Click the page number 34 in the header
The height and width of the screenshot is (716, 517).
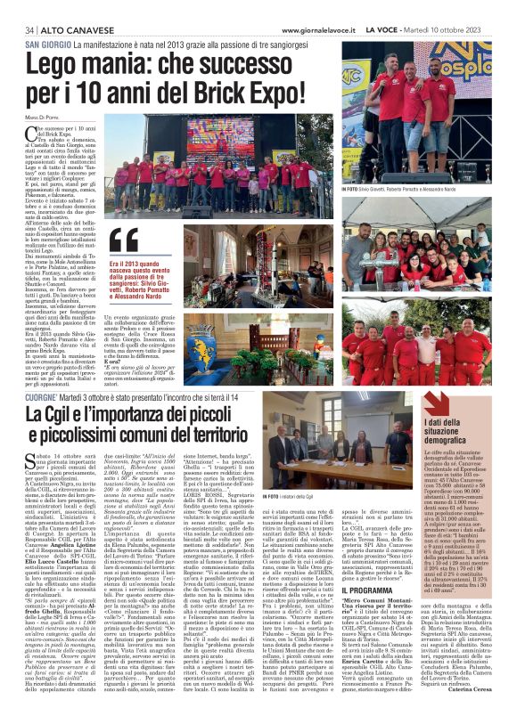31,29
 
